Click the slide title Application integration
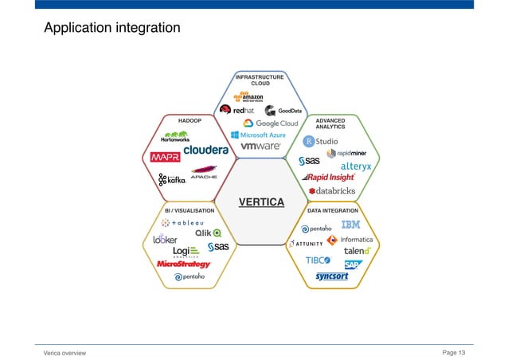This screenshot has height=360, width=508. [112, 29]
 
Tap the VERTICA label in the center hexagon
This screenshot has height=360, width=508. [261, 202]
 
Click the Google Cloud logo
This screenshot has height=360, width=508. [271, 123]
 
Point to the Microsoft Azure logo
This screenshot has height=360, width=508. [258, 135]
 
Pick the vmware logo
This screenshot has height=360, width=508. [260, 147]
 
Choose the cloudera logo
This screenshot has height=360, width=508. [205, 150]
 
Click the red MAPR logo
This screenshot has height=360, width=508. [166, 156]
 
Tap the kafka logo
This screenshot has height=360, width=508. [172, 180]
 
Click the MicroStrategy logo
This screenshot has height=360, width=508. [183, 264]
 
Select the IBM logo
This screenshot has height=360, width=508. [350, 225]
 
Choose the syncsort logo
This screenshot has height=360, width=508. [332, 276]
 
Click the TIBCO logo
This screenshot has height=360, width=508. [318, 260]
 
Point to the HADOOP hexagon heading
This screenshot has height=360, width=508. [189, 120]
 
